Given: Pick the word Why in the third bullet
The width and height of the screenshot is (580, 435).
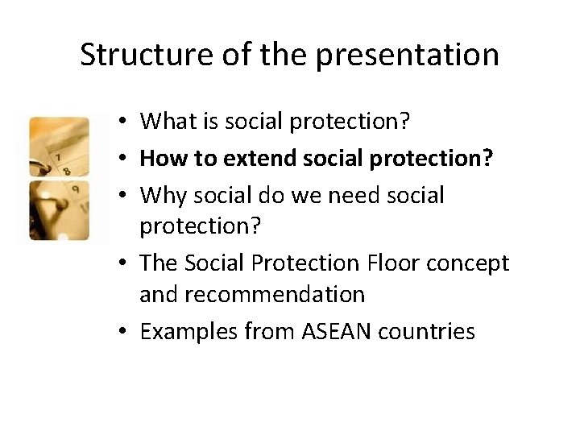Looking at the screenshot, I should [161, 194].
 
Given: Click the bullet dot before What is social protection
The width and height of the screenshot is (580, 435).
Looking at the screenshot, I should [118, 122].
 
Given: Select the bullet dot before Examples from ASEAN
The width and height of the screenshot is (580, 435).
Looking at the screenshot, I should [118, 332].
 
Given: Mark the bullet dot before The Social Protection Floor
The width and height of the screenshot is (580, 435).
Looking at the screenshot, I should [118, 263].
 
